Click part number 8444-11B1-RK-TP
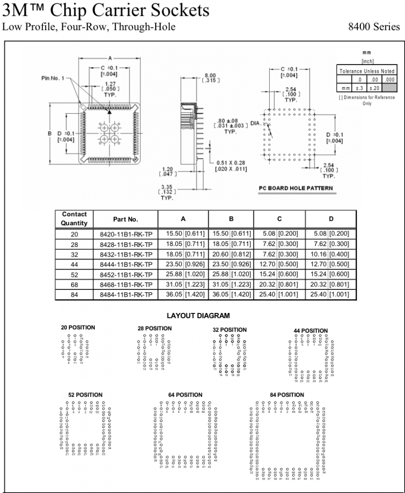point(126,263)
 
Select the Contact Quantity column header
point(74,219)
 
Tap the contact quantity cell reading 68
point(74,284)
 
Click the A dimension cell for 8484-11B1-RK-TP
point(183,294)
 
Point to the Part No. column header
point(126,219)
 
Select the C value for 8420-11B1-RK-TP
point(279,234)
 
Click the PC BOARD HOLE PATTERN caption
point(295,188)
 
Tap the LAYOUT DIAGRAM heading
point(198,316)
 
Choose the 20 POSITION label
point(78,327)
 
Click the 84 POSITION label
point(287,395)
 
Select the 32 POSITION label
point(230,330)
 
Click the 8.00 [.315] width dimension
point(210,78)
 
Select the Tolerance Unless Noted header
point(366,71)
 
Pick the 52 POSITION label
point(85,395)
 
